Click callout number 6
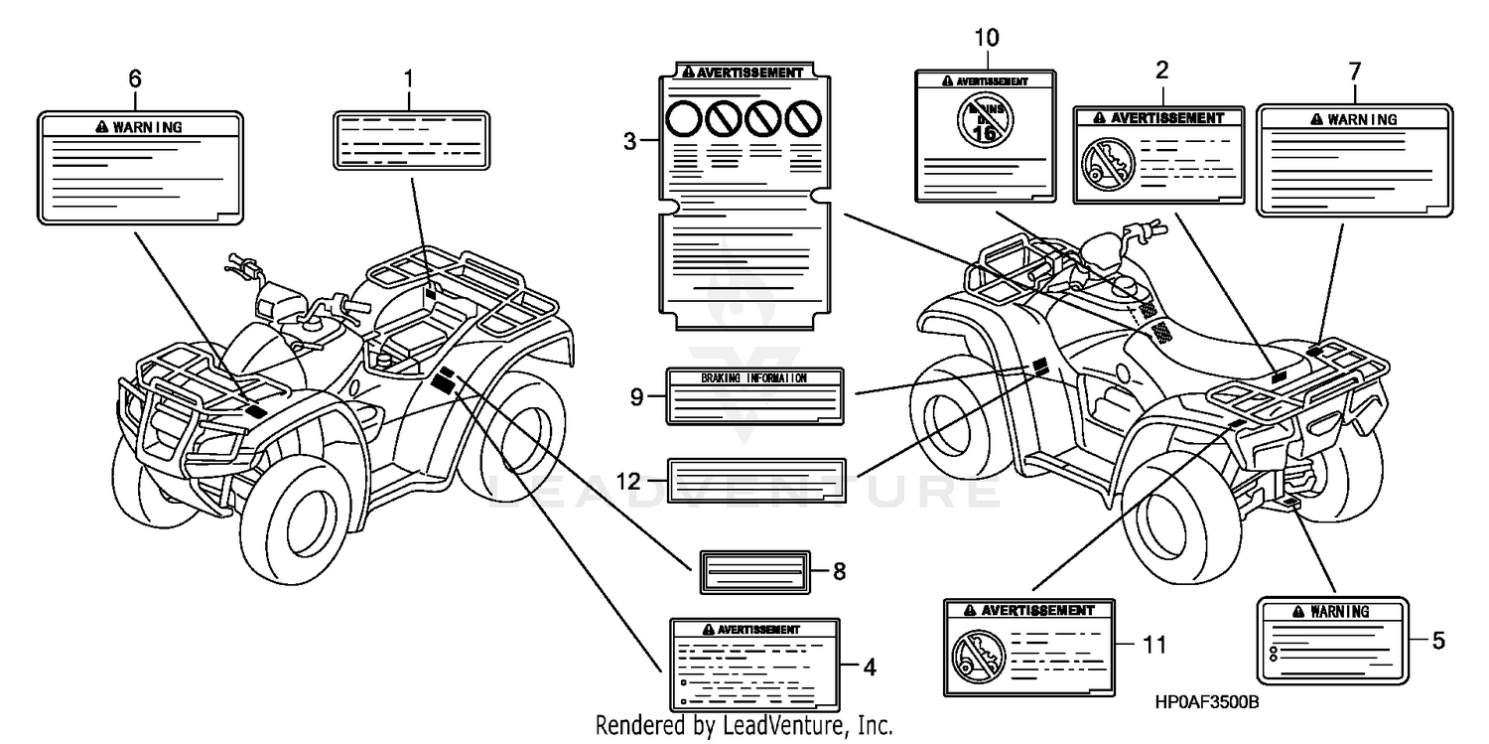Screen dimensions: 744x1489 [136, 77]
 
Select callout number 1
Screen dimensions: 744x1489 [408, 77]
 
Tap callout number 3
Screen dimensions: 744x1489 [629, 142]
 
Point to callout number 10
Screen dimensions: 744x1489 [987, 39]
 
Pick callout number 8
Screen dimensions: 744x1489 [839, 572]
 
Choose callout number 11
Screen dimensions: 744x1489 [1152, 645]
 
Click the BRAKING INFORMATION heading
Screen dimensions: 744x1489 [753, 378]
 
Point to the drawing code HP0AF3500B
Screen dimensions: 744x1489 [1207, 702]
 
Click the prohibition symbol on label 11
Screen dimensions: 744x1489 [972, 657]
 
